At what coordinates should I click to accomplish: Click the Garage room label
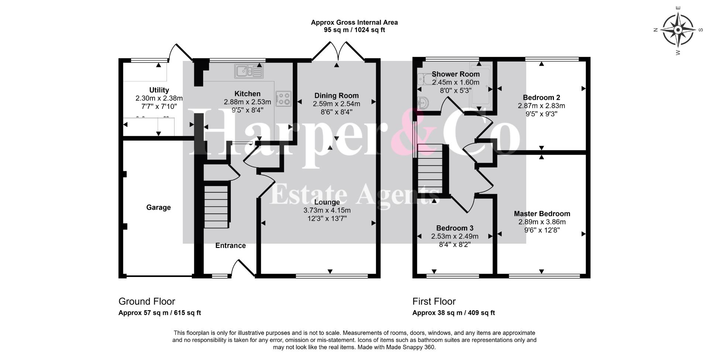coord(158,208)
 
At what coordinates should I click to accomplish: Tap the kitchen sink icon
coord(249,71)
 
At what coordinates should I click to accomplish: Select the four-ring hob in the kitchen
coord(283,99)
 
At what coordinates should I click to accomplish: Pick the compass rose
coord(678,30)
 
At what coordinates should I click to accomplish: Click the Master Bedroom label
coord(542,214)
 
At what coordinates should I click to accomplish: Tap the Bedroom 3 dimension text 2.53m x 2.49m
coord(455,236)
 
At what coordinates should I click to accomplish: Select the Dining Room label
coord(336,96)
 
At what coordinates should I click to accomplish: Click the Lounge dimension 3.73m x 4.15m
coord(327,210)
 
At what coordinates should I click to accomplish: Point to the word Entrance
coord(230,246)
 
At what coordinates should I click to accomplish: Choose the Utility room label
coord(159,90)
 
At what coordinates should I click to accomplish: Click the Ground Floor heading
coord(147,301)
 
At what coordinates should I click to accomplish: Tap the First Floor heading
coord(434,301)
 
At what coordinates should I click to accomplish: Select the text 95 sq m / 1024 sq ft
coord(354,30)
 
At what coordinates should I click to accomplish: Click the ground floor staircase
coord(217,207)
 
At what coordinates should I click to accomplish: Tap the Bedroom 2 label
coord(541,98)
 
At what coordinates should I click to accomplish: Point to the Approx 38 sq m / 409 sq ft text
coord(453,313)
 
